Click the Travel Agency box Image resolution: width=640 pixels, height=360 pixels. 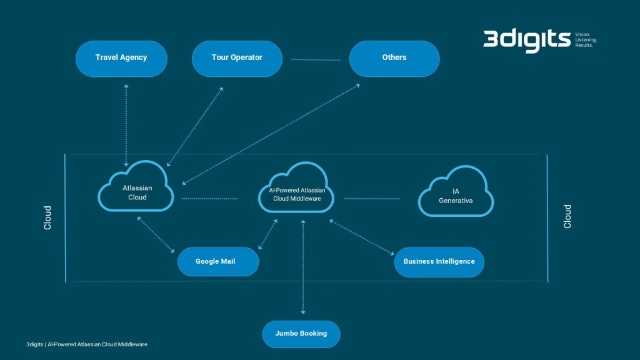[x=121, y=58]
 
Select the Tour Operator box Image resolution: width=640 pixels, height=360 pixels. [x=237, y=58]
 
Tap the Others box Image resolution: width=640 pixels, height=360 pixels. [x=394, y=58]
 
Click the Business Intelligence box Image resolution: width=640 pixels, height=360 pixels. [x=439, y=262]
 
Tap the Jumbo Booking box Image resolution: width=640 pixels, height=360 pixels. [x=301, y=334]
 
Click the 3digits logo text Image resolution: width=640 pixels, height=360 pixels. [x=526, y=40]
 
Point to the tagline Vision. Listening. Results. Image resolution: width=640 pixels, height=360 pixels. [x=586, y=39]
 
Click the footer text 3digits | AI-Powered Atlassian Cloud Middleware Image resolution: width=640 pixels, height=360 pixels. [x=86, y=344]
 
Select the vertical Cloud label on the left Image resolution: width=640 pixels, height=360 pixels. [x=47, y=217]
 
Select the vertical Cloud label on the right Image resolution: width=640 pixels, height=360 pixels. [x=567, y=216]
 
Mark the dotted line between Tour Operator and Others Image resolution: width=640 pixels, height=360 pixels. [x=316, y=60]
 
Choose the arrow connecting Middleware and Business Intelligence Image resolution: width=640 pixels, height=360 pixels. [x=362, y=237]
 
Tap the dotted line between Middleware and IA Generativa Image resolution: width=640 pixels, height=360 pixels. [x=371, y=199]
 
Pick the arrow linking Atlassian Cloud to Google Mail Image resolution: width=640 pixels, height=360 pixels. [x=156, y=235]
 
